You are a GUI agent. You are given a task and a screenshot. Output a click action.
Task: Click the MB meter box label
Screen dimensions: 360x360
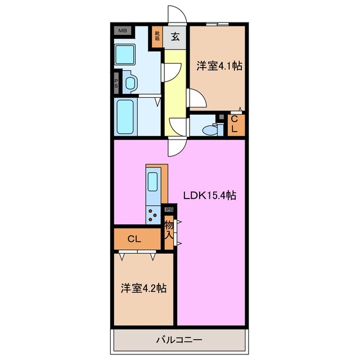coord(121,31)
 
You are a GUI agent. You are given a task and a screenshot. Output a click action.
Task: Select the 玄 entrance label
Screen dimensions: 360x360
coord(175,38)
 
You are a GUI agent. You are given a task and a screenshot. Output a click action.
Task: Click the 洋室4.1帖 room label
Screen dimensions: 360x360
coord(219,66)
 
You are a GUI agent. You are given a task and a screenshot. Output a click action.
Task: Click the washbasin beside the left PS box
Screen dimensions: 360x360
coord(130,83)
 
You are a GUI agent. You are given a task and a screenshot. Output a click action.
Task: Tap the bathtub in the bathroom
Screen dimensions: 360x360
coord(125,116)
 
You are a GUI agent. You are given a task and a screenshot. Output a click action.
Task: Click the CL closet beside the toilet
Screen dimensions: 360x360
coord(236,124)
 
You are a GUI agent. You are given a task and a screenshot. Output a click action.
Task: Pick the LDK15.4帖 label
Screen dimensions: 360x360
coord(209,195)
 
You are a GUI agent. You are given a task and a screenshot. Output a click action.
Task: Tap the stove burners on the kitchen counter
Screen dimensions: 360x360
coord(153,214)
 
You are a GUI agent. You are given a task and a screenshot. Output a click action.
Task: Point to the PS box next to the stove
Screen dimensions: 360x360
coord(169,209)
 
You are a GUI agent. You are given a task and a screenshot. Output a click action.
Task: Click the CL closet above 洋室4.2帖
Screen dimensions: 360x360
coord(134,239)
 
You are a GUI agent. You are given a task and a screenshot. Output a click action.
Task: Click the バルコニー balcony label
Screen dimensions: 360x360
coord(178,340)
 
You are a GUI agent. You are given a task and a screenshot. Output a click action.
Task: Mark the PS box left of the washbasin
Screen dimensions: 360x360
coord(116,83)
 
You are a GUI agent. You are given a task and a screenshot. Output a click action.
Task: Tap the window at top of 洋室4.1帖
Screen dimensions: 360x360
coord(217,24)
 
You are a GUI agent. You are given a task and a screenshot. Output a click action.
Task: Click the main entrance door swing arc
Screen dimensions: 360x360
coord(176,14)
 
